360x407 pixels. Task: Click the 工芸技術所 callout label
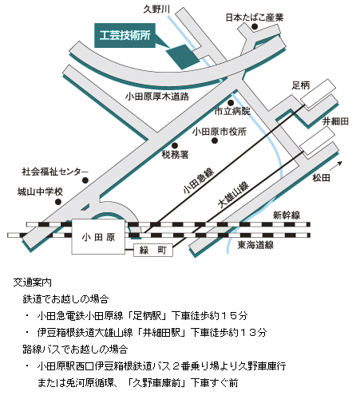[x=125, y=36]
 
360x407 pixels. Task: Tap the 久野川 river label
[x=156, y=10]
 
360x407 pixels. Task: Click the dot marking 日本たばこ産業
[x=255, y=26]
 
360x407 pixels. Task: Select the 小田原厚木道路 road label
[x=157, y=97]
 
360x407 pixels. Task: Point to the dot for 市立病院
[x=231, y=103]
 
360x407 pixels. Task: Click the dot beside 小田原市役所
[x=215, y=140]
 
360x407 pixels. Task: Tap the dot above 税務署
[x=175, y=145]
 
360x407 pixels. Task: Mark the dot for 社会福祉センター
[x=85, y=180]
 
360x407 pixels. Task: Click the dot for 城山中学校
[x=58, y=202]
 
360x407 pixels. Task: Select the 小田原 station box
[x=98, y=236]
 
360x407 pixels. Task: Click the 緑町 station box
[x=153, y=250]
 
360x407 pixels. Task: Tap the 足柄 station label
[x=301, y=85]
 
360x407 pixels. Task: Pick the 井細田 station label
[x=335, y=121]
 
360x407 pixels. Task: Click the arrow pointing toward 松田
[x=336, y=166]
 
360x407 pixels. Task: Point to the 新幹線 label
[x=287, y=215]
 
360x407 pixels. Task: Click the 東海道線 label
[x=255, y=245]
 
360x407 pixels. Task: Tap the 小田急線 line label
[x=199, y=180]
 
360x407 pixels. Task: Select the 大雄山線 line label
[x=233, y=195]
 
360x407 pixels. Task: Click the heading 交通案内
[x=32, y=283]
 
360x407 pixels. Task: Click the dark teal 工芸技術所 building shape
[x=183, y=57]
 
